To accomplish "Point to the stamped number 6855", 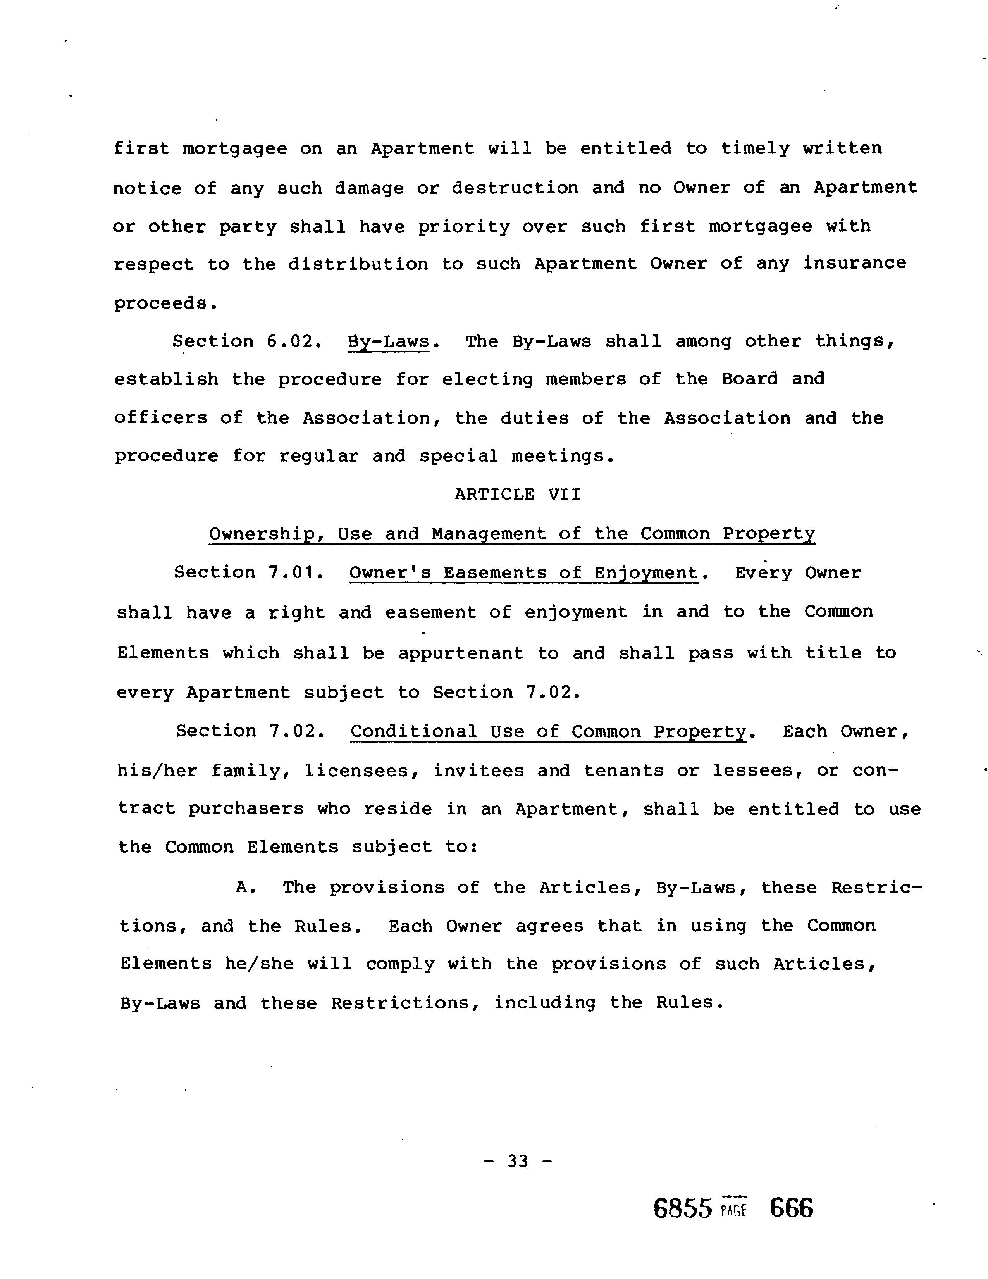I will [682, 1208].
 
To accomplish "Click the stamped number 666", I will [791, 1208].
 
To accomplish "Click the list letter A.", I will [244, 887].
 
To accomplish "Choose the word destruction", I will [515, 188].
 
